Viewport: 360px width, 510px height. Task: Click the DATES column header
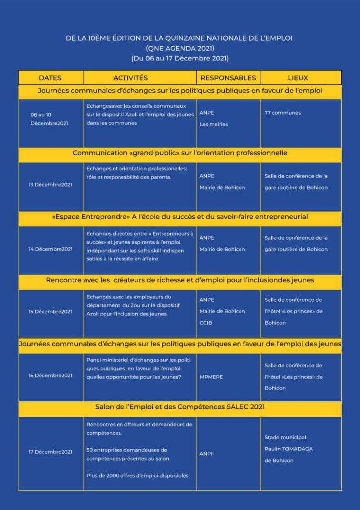pos(50,78)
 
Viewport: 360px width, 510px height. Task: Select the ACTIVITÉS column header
pos(130,78)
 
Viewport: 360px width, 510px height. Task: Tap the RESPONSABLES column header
pos(228,78)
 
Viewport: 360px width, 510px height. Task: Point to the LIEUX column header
pos(298,78)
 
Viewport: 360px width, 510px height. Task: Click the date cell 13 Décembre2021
pos(50,185)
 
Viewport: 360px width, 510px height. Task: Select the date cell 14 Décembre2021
pos(50,249)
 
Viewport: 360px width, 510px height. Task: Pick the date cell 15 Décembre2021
pos(50,312)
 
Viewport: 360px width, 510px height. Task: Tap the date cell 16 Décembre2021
pos(50,375)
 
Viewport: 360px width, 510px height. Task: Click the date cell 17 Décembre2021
pos(50,452)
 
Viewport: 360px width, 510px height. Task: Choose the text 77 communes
pos(283,113)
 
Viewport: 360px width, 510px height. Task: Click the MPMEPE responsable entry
pos(211,377)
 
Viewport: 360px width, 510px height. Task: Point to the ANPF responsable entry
pos(207,454)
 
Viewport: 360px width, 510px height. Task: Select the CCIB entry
pos(206,323)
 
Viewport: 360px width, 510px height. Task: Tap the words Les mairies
pos(214,124)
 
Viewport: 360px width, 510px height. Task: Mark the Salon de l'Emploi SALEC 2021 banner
pos(180,407)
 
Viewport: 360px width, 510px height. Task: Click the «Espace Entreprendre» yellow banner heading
pos(180,217)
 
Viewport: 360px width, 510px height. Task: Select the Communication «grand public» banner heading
pos(180,153)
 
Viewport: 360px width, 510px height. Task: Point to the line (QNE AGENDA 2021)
pos(180,48)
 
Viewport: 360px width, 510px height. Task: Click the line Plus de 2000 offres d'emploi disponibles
pos(138,476)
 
